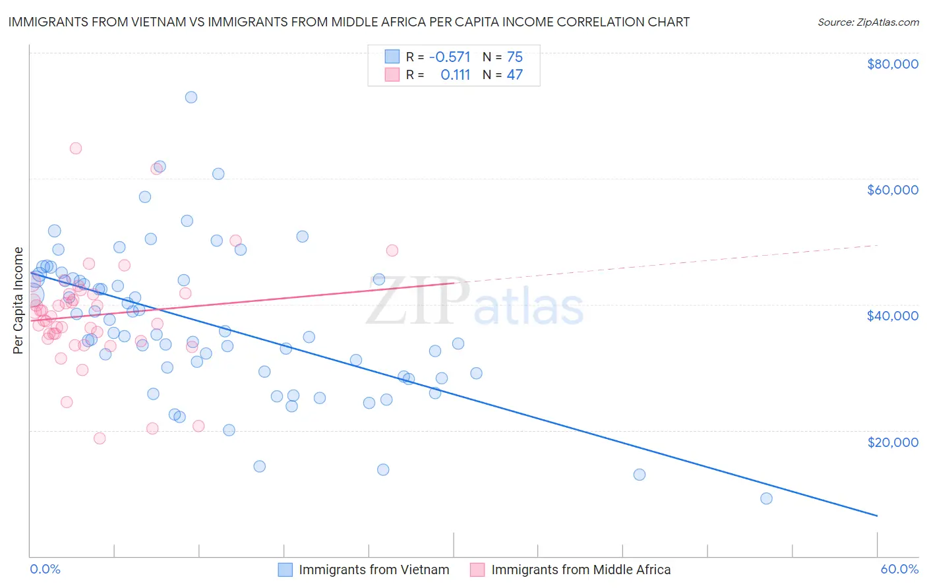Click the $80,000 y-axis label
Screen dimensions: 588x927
click(x=893, y=64)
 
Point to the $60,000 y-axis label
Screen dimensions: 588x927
click(x=893, y=190)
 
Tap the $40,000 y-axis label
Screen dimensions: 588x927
click(x=893, y=316)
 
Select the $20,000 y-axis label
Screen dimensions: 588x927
click(x=893, y=442)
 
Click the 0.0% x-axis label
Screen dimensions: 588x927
click(x=45, y=569)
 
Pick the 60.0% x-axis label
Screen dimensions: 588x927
click(x=899, y=569)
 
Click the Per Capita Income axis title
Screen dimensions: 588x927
click(x=18, y=301)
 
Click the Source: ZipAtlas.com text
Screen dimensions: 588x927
click(x=868, y=22)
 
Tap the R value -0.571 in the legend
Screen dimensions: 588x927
click(x=450, y=57)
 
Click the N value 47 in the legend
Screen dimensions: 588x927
click(x=515, y=74)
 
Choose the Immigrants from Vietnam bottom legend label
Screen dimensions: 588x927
click(x=374, y=570)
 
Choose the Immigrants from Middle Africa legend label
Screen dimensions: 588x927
click(x=581, y=570)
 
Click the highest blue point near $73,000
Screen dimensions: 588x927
click(x=191, y=97)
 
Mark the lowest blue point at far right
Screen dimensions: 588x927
click(x=766, y=498)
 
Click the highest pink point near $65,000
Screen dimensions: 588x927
click(x=76, y=148)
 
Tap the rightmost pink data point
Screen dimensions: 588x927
click(x=392, y=250)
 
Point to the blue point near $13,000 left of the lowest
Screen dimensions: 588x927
click(x=639, y=475)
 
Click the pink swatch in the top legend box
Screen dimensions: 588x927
click(x=392, y=74)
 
